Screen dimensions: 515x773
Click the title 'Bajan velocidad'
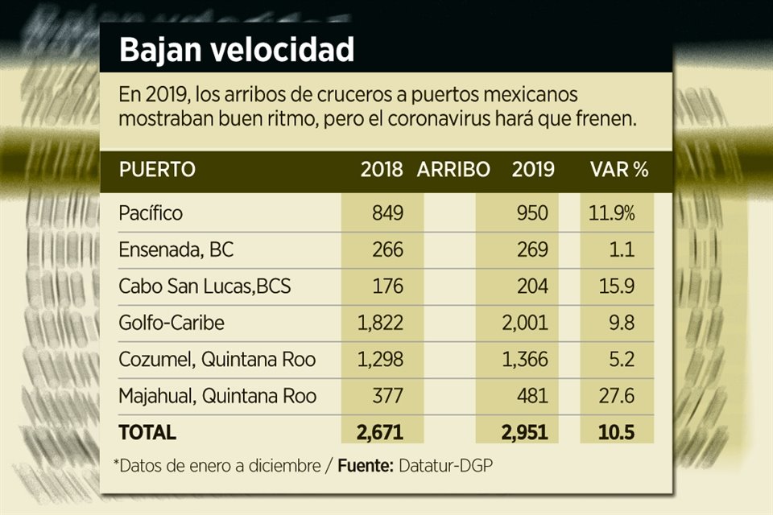237,50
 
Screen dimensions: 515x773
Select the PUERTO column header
156,170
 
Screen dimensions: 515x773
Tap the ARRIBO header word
453,170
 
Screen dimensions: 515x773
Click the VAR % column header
619,170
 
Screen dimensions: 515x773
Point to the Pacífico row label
151,213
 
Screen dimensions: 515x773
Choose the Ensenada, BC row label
176,249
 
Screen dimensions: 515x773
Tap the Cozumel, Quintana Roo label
217,359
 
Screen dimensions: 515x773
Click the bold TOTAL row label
147,432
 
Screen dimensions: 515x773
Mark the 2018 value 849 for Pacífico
386,213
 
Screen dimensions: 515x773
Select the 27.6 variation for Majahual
618,396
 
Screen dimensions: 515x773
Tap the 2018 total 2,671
378,432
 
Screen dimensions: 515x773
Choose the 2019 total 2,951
524,432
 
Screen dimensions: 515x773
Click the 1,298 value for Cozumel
378,359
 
